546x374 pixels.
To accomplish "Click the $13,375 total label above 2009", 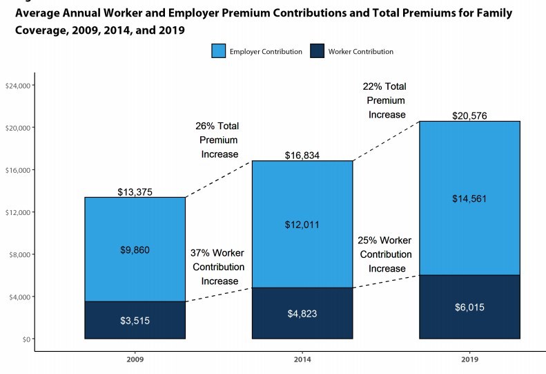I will (135, 191).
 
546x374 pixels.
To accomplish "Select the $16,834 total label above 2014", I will (302, 156).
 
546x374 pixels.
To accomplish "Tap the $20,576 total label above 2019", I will (469, 115).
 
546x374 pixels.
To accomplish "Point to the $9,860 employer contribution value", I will (135, 250).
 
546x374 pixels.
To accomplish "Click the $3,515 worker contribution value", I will (135, 320).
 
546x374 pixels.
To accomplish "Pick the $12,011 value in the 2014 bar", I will (302, 225).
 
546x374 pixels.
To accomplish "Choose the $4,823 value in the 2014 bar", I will (302, 313).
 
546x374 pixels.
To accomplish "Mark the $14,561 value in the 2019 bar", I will (469, 198).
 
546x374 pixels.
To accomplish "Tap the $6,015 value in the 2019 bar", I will (469, 307).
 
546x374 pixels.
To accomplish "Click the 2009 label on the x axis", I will (135, 361).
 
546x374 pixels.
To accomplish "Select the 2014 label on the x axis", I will (302, 361).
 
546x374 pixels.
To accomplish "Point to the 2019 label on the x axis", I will (469, 361).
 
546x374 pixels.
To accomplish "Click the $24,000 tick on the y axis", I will (19, 86).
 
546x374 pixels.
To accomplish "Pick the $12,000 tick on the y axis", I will (19, 212).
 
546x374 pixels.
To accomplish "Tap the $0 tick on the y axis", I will (26, 339).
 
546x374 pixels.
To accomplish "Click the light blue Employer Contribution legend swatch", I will (218, 51).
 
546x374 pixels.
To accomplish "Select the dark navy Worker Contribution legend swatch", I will (318, 51).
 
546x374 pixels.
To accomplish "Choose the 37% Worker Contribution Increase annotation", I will (218, 267).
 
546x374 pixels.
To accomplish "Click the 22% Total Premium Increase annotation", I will (384, 101).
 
